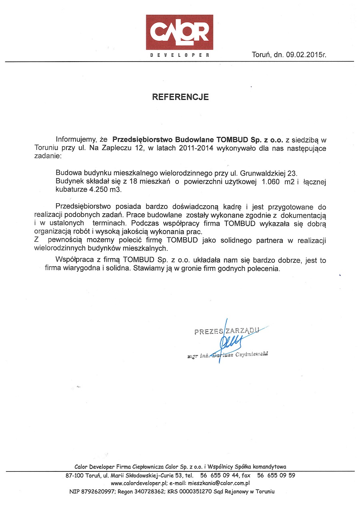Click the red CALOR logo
pyautogui.click(x=179, y=32)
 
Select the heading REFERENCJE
pyautogui.click(x=180, y=97)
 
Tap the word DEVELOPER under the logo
pyautogui.click(x=180, y=55)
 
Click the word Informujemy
pyautogui.click(x=76, y=140)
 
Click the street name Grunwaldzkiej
pyautogui.click(x=262, y=173)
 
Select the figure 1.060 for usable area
pyautogui.click(x=271, y=182)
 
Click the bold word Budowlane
pyautogui.click(x=192, y=140)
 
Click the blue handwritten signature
pyautogui.click(x=227, y=340)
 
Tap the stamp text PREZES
pyautogui.click(x=209, y=331)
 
